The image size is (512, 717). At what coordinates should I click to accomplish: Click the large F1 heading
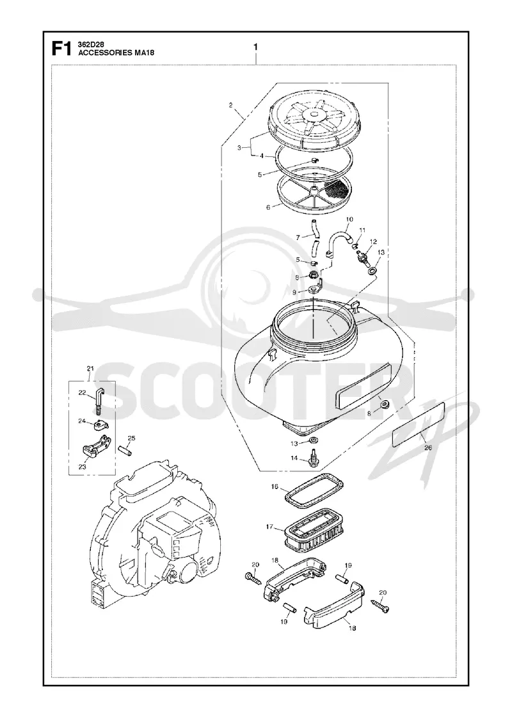61,48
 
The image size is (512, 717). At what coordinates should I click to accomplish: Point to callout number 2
231,105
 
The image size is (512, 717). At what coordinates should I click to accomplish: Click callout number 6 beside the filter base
268,207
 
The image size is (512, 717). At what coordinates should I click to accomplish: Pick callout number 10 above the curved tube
349,220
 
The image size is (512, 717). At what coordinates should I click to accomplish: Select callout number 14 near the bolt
294,458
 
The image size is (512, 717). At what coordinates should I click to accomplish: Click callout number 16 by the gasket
275,487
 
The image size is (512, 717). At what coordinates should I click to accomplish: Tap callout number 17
269,527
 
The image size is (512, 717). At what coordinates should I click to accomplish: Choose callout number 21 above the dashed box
90,369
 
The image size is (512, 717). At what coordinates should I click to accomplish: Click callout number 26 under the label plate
428,447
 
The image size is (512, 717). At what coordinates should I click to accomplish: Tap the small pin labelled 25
125,450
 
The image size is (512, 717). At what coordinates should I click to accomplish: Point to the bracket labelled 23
97,444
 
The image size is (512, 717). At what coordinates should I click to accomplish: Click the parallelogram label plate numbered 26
419,424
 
